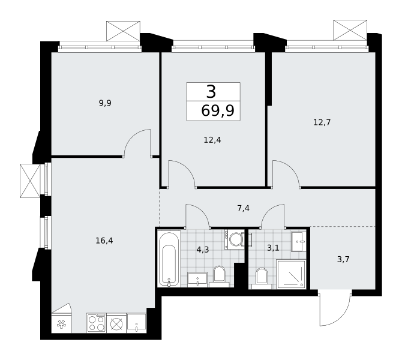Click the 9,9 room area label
[105, 103]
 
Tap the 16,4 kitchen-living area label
[104, 241]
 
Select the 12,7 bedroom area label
[322, 122]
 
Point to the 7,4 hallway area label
[243, 208]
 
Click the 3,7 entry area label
[343, 259]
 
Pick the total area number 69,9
[218, 111]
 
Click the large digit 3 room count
[211, 92]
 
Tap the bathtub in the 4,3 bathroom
[169, 259]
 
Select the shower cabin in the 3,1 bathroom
[292, 274]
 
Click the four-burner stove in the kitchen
[97, 323]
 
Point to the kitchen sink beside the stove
[136, 323]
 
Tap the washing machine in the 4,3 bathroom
[234, 239]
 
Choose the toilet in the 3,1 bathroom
[262, 278]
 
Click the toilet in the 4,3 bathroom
[219, 277]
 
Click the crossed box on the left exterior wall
[30, 181]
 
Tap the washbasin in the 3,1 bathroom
[299, 242]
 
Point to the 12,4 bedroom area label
[212, 140]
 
